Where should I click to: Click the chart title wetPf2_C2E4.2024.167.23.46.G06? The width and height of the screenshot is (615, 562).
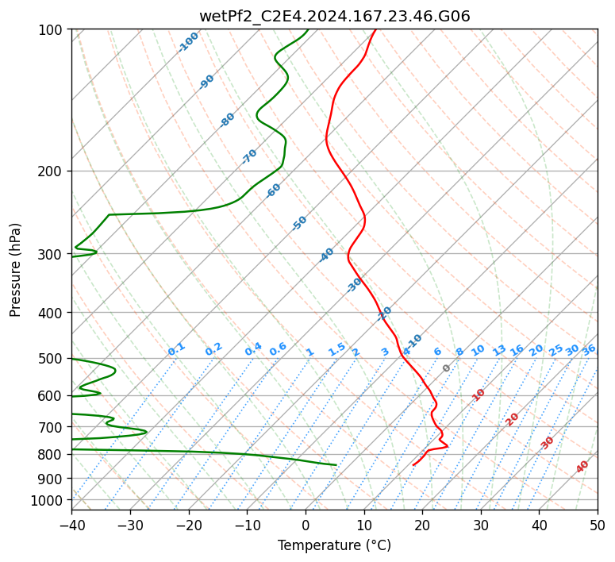tap(335, 17)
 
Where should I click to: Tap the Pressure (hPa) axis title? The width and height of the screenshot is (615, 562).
tap(15, 270)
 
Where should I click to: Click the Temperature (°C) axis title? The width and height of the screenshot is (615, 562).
tap(335, 545)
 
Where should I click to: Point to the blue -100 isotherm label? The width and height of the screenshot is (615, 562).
tap(188, 42)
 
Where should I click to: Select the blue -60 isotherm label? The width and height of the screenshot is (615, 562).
tap(273, 191)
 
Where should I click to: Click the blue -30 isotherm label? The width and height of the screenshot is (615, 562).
tap(354, 285)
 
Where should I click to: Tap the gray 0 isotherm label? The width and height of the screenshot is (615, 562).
tap(446, 368)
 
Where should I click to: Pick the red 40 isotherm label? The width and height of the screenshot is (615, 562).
tap(582, 467)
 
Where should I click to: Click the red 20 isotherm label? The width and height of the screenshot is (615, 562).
tap(512, 420)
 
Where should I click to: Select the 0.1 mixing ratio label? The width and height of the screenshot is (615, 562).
tap(176, 349)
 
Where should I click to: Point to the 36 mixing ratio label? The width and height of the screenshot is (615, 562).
tap(589, 350)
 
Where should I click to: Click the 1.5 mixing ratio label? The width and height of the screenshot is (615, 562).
tap(336, 349)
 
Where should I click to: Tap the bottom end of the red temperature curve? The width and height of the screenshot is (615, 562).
tap(413, 465)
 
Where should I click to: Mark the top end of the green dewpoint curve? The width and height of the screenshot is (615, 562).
tap(308, 29)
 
